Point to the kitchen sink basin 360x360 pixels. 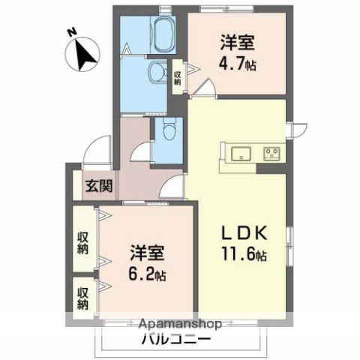[240, 154]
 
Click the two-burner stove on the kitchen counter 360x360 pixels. [270, 154]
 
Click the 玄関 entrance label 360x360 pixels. [97, 185]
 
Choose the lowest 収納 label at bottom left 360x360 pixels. [82, 295]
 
